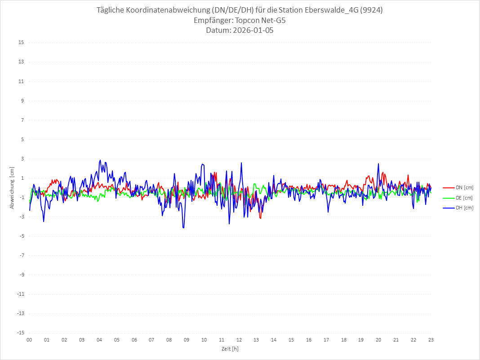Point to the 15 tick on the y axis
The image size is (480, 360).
pyautogui.click(x=21, y=43)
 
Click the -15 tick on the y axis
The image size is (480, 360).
pyautogui.click(x=20, y=333)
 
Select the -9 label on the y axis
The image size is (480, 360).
pyautogui.click(x=21, y=275)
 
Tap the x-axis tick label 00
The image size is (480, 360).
pyautogui.click(x=29, y=340)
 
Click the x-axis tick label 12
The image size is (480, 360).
pyautogui.click(x=239, y=340)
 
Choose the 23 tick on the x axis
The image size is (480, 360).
pyautogui.click(x=431, y=340)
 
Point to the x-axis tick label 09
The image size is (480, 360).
pyautogui.click(x=187, y=340)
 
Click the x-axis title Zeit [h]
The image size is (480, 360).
pyautogui.click(x=230, y=348)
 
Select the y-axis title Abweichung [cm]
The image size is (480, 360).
pyautogui.click(x=12, y=188)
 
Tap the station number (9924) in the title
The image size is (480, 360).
pyautogui.click(x=371, y=10)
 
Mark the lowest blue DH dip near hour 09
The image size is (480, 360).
pyautogui.click(x=183, y=228)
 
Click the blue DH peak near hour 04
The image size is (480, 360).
pyautogui.click(x=100, y=160)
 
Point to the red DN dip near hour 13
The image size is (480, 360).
pyautogui.click(x=260, y=218)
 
